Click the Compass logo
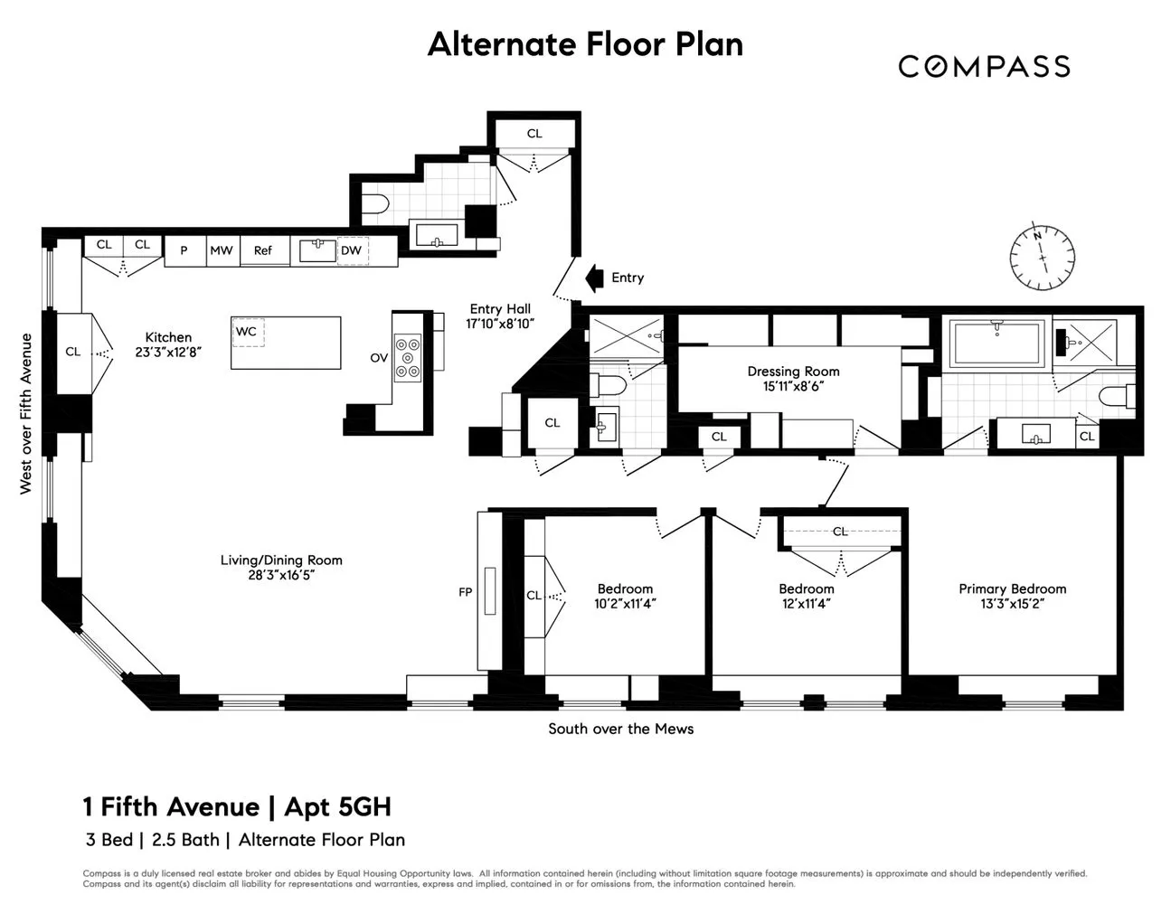coord(984,66)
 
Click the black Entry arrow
coord(594,278)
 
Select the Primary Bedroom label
coord(1012,589)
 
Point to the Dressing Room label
coord(793,371)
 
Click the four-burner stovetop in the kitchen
coord(408,357)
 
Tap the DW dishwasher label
coord(351,250)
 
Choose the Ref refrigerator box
coord(263,250)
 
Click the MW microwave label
coord(221,250)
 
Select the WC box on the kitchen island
coord(246,332)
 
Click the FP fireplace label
coord(465,593)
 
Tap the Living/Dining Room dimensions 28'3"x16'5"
coord(281,575)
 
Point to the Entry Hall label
coord(500,309)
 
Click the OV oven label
coord(379,358)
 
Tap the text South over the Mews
coord(620,729)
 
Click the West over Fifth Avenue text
coord(26,414)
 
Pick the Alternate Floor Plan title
coord(585,44)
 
